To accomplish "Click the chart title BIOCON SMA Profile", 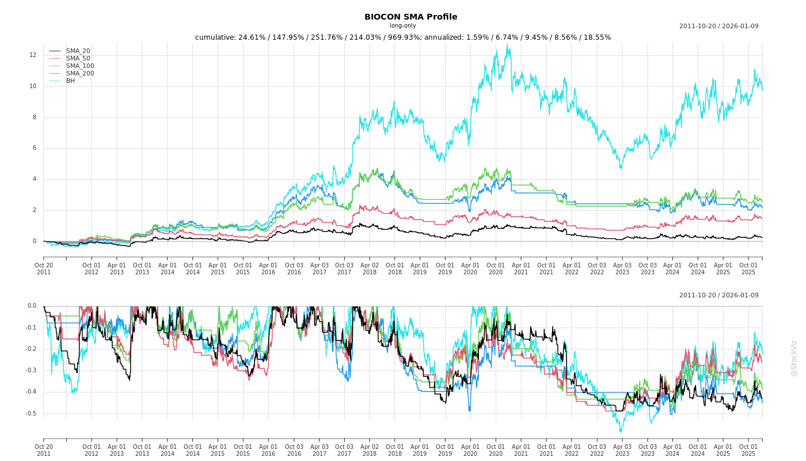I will [410, 17].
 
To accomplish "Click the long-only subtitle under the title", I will [402, 26].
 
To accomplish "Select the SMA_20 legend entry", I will [78, 51].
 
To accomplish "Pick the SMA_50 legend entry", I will [78, 58].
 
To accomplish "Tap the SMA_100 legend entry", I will [80, 66].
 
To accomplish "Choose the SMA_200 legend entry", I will [80, 73].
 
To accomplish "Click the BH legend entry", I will [70, 81].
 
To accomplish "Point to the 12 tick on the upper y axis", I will [33, 55].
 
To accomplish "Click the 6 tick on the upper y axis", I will [34, 148].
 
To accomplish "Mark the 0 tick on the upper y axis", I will [34, 241].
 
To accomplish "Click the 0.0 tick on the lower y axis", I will [32, 306].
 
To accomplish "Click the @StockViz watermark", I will [794, 358].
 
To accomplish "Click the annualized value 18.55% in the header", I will [596, 37].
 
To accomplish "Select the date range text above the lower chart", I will [718, 296].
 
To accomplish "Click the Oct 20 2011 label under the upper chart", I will [44, 269].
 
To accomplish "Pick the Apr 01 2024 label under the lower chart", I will [672, 450].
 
